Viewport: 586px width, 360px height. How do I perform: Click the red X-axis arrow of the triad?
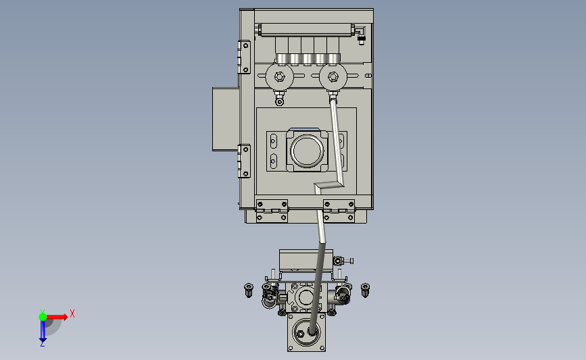pyautogui.click(x=56, y=317)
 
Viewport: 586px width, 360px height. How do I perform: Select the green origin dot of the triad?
pyautogui.click(x=43, y=317)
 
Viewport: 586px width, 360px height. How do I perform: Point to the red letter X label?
pyautogui.click(x=72, y=313)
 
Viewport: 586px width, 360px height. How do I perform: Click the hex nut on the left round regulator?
pyautogui.click(x=279, y=77)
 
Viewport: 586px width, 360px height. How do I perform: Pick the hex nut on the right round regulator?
pyautogui.click(x=333, y=77)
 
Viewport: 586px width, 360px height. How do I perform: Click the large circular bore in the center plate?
pyautogui.click(x=307, y=151)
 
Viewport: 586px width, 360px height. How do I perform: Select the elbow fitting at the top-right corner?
pyautogui.click(x=360, y=34)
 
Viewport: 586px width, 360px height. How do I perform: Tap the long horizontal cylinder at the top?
pyautogui.click(x=306, y=30)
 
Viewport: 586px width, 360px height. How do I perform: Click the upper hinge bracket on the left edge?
pyautogui.click(x=245, y=57)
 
